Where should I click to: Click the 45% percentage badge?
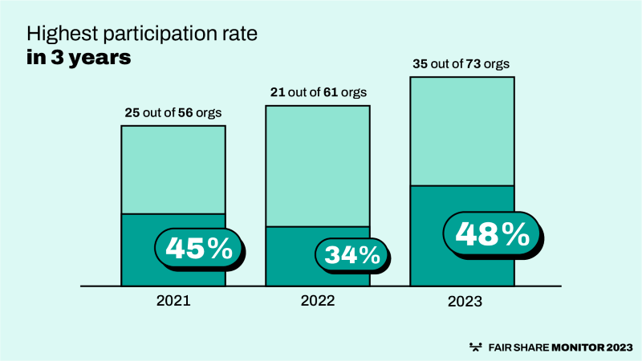point(198,248)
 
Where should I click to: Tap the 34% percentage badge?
point(351,255)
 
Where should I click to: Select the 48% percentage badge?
point(492,233)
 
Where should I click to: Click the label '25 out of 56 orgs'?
point(173,112)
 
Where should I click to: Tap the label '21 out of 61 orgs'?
point(317,92)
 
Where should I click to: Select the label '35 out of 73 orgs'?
point(461,63)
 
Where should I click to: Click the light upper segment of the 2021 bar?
point(173,169)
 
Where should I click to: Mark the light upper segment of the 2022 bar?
point(317,165)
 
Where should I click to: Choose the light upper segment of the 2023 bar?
point(461,131)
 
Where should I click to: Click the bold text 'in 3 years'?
point(79,59)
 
